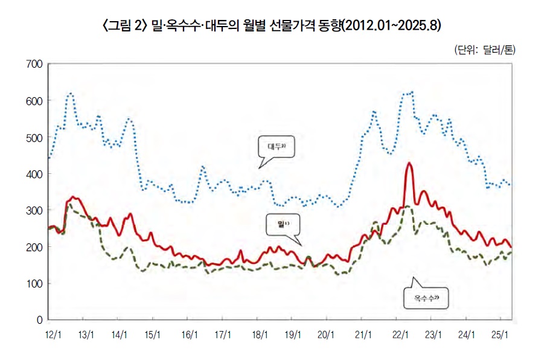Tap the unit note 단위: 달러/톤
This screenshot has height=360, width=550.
pos(485,50)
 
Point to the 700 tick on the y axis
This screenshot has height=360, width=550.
pos(33,64)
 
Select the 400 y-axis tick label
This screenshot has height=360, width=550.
pos(33,174)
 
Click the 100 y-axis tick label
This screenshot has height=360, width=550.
pos(33,283)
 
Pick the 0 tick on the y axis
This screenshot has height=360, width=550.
pos(39,319)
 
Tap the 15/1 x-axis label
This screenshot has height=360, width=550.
pos(153,334)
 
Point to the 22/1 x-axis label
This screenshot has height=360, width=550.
pos(401,334)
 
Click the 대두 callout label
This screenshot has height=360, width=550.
pos(276,146)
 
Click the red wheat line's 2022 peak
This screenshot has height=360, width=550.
pos(409,163)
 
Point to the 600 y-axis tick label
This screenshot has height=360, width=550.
pos(33,101)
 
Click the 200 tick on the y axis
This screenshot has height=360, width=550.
pos(33,247)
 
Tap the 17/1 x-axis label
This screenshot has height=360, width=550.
pos(223,334)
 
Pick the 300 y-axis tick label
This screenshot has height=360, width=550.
pos(33,210)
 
